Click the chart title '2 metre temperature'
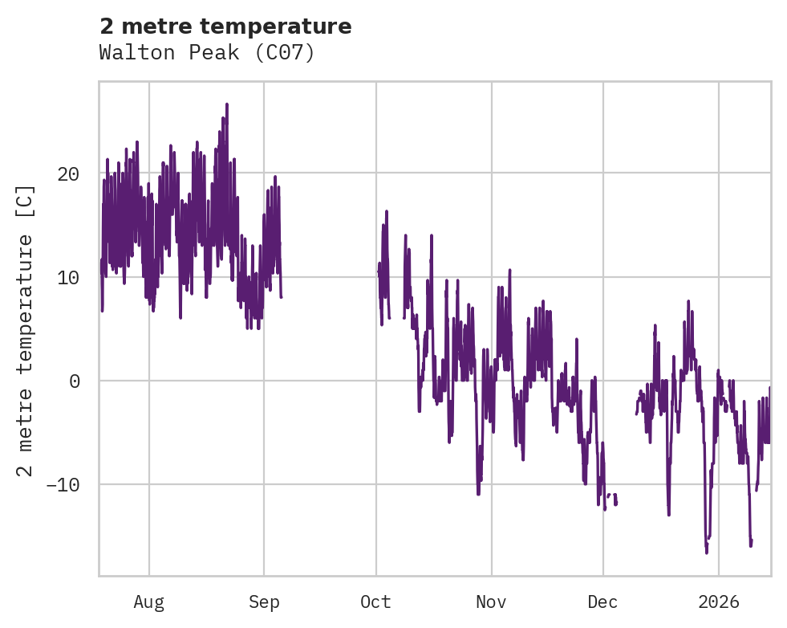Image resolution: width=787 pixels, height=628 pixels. (x=225, y=27)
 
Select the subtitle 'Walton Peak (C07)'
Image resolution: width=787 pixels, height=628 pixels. (x=206, y=53)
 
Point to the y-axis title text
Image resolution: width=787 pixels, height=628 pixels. (x=26, y=329)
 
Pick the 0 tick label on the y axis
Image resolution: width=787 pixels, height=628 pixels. (x=75, y=381)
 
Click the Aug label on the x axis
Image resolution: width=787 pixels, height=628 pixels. (x=149, y=602)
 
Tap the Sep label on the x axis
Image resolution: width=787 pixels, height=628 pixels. (x=264, y=602)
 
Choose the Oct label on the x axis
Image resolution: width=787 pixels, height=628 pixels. (x=375, y=602)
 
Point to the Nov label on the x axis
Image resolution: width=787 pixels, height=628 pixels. (x=491, y=602)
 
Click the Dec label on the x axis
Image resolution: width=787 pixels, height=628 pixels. (x=602, y=602)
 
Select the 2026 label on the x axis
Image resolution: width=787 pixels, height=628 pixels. (x=719, y=602)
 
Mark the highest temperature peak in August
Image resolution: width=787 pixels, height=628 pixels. (x=227, y=104)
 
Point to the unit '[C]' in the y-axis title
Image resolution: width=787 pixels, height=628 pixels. (x=26, y=202)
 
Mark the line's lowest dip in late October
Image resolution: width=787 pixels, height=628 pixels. (x=478, y=493)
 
